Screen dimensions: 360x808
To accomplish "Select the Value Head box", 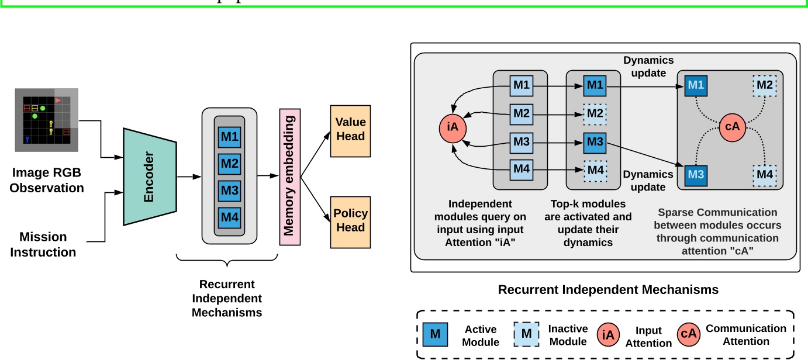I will pos(351,130).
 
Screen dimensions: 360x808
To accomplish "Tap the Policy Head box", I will pos(351,220).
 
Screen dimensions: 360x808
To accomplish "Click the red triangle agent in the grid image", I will pos(58,101).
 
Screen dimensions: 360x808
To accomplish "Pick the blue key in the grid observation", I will pos(27,139).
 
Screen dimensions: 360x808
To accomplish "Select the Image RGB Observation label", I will pos(47,180).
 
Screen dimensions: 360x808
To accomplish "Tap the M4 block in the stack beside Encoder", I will pos(229,217).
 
